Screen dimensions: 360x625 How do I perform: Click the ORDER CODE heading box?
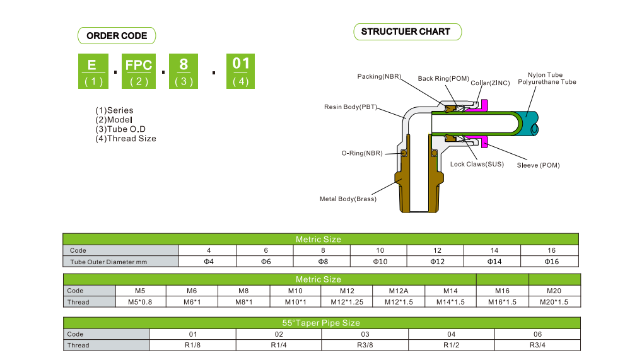click(x=117, y=36)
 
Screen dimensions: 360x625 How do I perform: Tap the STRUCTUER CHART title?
click(x=406, y=32)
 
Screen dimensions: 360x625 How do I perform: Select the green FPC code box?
click(x=139, y=71)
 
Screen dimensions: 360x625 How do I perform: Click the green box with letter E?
click(x=93, y=71)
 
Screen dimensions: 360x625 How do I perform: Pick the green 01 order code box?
click(x=241, y=71)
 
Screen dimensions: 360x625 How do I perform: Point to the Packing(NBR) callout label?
click(x=379, y=77)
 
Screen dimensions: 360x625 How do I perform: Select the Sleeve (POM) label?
click(x=538, y=165)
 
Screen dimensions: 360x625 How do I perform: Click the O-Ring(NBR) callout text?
click(x=361, y=153)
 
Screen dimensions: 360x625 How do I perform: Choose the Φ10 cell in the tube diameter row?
click(x=380, y=262)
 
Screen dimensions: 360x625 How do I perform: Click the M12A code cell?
click(x=398, y=291)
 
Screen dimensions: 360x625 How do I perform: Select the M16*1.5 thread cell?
click(x=502, y=302)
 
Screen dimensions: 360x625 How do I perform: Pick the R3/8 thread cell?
click(x=365, y=345)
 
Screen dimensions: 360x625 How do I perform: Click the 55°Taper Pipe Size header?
click(x=321, y=323)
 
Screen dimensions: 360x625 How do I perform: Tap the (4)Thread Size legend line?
click(x=126, y=139)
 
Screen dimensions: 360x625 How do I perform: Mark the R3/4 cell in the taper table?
click(x=537, y=345)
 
